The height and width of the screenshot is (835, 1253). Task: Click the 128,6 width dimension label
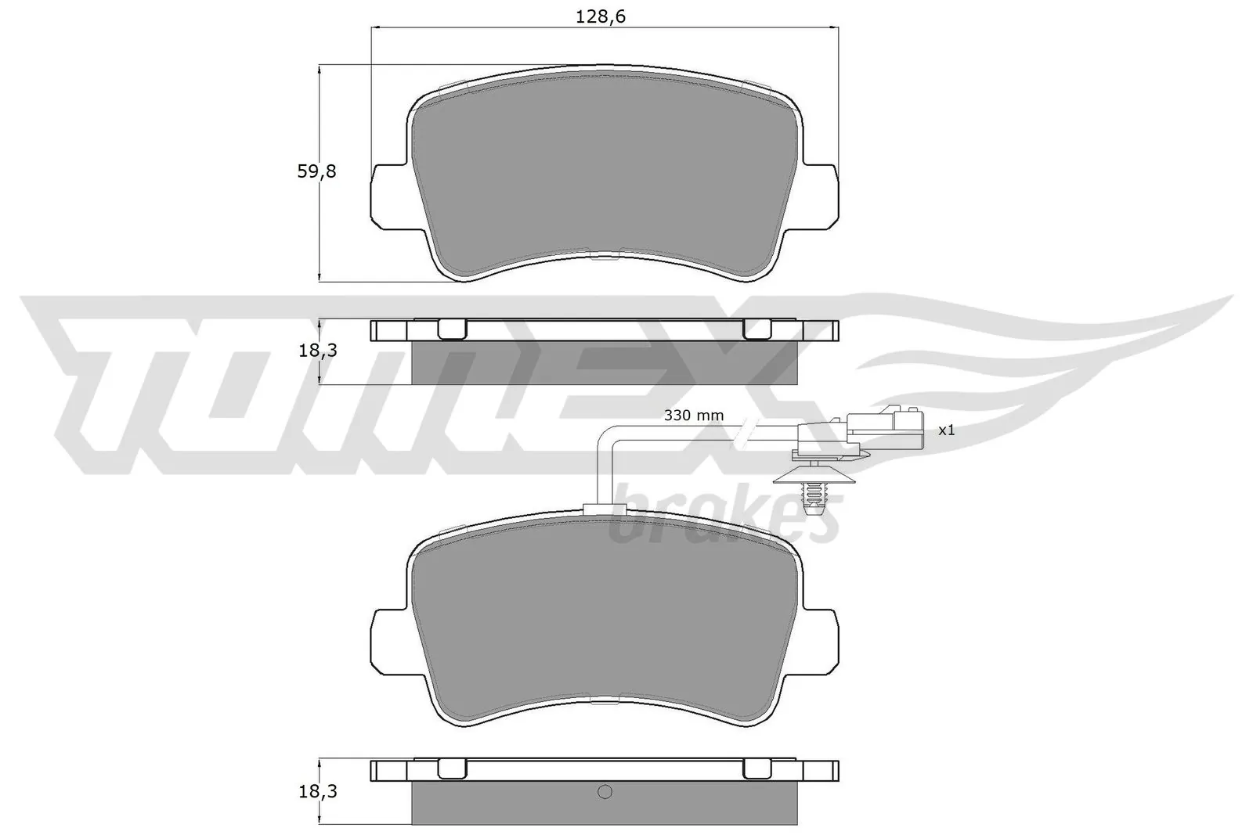[601, 17]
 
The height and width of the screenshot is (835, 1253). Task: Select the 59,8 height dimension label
[316, 171]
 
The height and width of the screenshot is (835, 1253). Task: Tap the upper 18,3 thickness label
[317, 351]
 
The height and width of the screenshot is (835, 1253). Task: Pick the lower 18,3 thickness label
[317, 792]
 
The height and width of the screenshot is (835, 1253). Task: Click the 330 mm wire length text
[694, 416]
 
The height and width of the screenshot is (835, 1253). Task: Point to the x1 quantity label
[946, 430]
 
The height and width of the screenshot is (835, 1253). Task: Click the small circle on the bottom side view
[604, 792]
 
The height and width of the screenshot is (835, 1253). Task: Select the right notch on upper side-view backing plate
[756, 329]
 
